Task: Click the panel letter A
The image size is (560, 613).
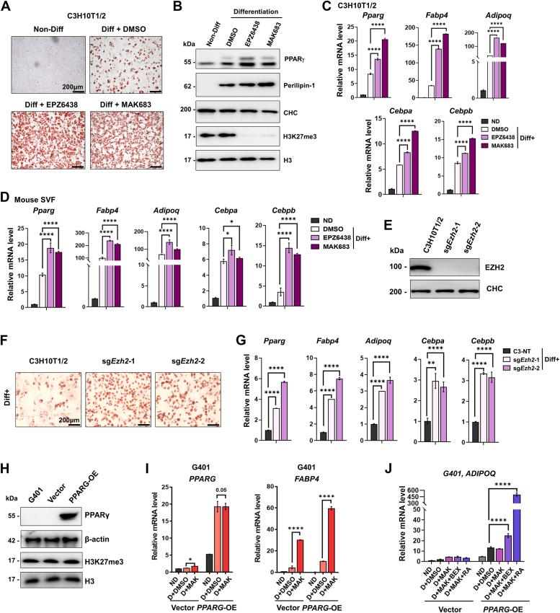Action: tap(6, 6)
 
